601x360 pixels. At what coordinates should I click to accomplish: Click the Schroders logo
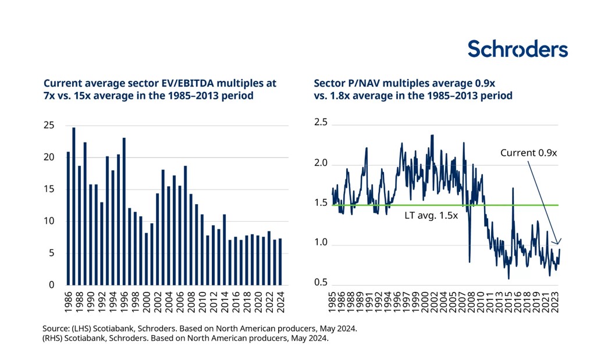[517, 49]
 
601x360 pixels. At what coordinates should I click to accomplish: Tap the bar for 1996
[125, 211]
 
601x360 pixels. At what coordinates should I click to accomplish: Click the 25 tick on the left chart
[49, 126]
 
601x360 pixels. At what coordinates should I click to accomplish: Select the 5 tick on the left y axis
[52, 253]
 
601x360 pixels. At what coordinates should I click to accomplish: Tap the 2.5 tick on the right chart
[321, 123]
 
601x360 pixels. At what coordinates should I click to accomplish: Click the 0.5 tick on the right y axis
[321, 283]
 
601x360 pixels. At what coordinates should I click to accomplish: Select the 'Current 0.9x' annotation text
[529, 153]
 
